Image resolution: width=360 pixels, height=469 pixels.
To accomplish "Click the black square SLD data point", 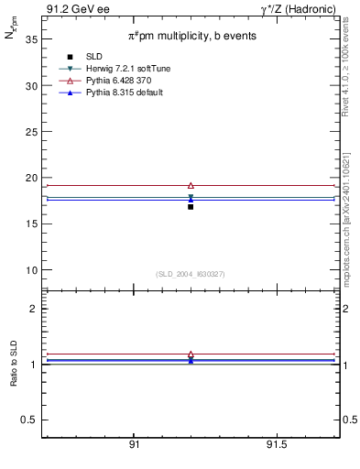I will pos(191,207).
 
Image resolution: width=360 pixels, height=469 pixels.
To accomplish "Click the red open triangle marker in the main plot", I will pos(191,185).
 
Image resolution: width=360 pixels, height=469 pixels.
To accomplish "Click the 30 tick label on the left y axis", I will pos(31,86).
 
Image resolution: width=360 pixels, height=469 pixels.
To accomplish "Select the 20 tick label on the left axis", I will pos(31,178).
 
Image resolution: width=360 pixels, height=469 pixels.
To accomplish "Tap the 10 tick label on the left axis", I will pos(31,270).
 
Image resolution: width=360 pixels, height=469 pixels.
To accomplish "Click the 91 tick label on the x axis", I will pos(135,446).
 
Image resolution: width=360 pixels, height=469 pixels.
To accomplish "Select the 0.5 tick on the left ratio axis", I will pos(29,420).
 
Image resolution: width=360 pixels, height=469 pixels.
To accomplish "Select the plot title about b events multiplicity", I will pos(191,36).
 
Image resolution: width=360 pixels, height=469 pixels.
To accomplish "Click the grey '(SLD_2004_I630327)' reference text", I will pos(191,274).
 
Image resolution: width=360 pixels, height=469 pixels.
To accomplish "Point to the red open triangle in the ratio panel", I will pos(191,354).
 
